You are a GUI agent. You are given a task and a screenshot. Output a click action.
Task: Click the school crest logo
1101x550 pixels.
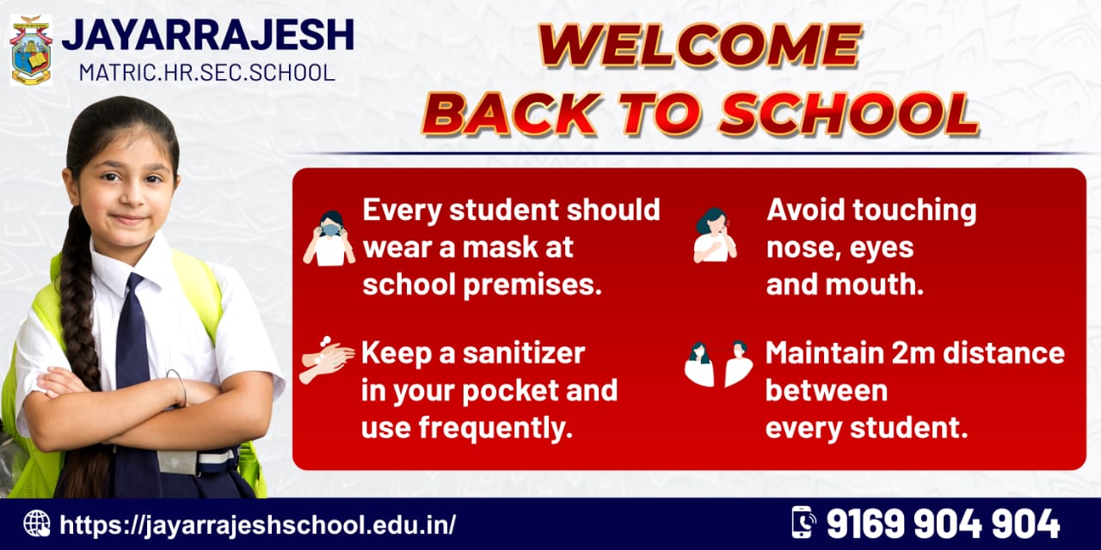31,50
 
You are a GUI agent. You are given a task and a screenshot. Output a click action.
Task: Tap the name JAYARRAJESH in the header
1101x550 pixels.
208,35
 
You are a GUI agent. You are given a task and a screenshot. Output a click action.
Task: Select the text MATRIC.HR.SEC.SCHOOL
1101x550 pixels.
207,72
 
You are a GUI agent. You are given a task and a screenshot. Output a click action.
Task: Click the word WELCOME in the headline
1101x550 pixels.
699,45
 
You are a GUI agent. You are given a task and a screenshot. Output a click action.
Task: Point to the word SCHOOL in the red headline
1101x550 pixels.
849,113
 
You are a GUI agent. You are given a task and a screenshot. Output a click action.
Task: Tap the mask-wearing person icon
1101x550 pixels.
329,238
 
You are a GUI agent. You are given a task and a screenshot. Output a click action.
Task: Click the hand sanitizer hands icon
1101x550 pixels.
327,360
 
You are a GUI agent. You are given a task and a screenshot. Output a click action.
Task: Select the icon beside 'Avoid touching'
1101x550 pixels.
715,235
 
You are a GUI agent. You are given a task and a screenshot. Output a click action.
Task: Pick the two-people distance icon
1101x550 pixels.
718,364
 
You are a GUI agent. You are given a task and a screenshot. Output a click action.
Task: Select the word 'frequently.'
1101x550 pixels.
496,428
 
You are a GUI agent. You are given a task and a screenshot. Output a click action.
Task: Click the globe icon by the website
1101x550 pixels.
37,523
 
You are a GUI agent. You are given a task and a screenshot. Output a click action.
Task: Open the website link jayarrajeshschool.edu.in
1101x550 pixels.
257,524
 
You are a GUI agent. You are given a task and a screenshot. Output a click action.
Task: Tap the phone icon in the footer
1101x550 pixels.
803,522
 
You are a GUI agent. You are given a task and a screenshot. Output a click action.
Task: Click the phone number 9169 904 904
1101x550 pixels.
944,523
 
